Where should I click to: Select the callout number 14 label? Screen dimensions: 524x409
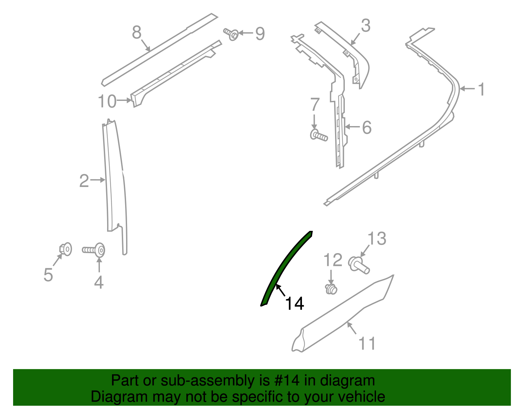(294, 304)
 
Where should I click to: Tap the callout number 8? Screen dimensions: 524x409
(137, 32)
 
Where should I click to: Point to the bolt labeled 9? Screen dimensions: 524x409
(231, 34)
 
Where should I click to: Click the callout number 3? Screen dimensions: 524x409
(365, 26)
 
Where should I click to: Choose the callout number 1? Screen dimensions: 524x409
(481, 89)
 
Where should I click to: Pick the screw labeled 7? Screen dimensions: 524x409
(319, 135)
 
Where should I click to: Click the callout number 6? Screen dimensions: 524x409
(367, 127)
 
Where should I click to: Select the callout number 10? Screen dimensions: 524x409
(107, 101)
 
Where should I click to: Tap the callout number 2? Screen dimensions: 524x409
(84, 181)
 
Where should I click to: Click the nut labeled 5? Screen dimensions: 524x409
(65, 249)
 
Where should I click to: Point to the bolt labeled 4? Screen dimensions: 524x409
(94, 250)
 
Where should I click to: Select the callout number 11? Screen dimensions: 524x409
(367, 343)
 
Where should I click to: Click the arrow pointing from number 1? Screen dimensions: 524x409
(467, 89)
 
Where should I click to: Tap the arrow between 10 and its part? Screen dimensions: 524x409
(124, 100)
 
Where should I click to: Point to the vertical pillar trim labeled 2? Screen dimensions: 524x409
(115, 183)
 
